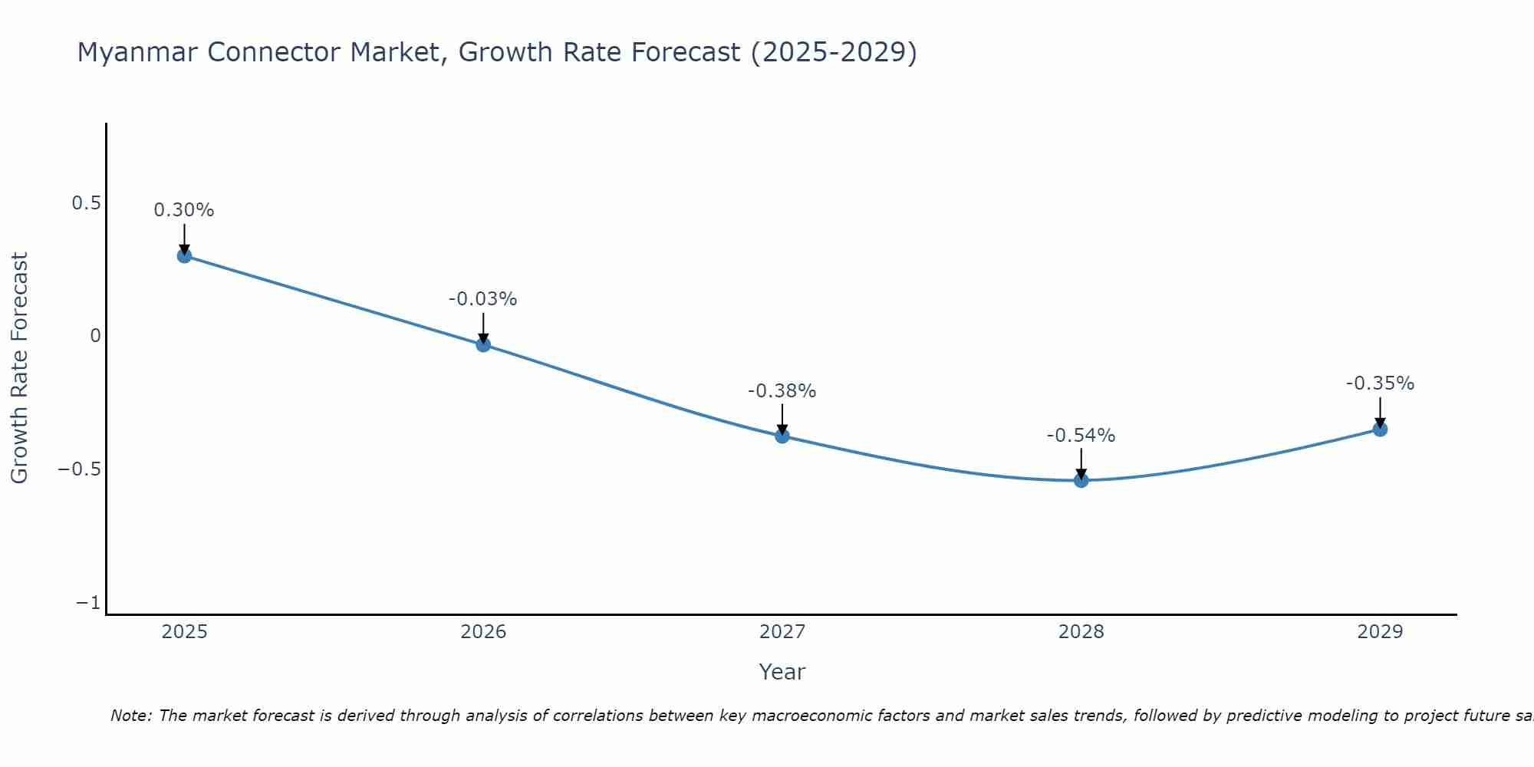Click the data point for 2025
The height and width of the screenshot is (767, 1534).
pos(184,255)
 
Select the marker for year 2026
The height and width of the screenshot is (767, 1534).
pos(483,344)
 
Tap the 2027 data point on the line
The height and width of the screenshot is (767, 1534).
pos(782,436)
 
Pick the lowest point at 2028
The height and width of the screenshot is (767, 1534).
pos(1081,480)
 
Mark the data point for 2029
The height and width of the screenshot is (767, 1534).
pos(1380,429)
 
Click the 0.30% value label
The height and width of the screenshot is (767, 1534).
pos(184,210)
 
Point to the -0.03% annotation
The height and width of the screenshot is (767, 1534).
pos(482,299)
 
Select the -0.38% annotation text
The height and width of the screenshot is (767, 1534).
pos(782,391)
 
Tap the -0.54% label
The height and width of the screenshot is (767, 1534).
pos(1081,436)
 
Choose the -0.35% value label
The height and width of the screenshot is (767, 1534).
pos(1380,383)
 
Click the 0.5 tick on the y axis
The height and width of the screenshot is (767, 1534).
pos(86,203)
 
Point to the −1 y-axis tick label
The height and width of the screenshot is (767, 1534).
pos(88,603)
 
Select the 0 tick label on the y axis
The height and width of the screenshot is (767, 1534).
pos(95,336)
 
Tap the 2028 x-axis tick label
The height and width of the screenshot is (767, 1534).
pos(1081,632)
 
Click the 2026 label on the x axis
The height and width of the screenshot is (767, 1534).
pos(483,632)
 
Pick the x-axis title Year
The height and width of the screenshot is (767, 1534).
pos(782,672)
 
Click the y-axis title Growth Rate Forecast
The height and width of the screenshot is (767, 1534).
pos(19,368)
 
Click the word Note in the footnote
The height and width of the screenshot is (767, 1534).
pos(131,716)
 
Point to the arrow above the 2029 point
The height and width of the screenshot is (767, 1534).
pos(1380,411)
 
